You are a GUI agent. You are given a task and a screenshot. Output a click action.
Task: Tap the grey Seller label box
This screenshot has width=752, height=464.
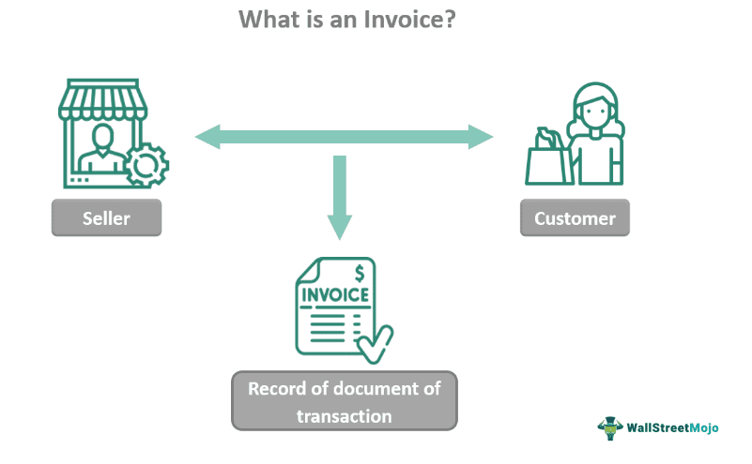(x=106, y=219)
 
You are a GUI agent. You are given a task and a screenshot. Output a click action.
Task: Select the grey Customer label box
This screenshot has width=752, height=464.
(x=575, y=219)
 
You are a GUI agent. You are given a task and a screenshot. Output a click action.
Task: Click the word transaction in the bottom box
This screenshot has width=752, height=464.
(x=344, y=415)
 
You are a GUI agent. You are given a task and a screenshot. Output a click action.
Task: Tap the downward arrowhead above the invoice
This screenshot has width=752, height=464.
(x=340, y=226)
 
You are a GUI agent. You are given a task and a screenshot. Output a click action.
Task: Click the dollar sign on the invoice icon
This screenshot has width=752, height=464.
(x=359, y=275)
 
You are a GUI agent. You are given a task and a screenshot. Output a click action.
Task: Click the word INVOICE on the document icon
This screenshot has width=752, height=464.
(x=334, y=297)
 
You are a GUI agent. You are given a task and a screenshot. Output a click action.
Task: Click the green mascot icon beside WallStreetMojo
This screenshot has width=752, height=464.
(x=611, y=427)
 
